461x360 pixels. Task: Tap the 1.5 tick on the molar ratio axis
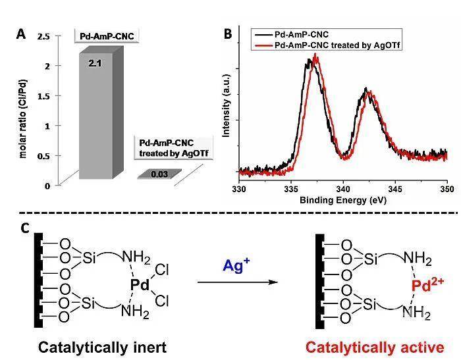coord(43,96)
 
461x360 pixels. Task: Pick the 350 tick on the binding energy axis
coord(447,189)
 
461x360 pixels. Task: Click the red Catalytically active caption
coord(375,347)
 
